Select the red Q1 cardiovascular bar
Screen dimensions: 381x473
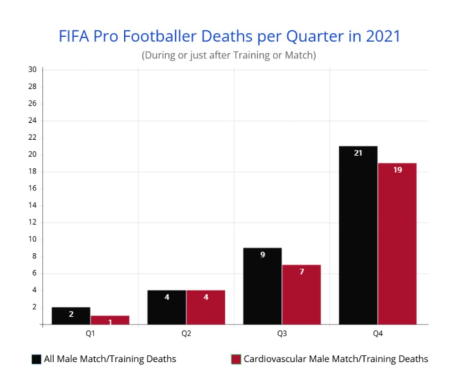[x=110, y=320]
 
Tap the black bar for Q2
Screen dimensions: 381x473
[x=167, y=307]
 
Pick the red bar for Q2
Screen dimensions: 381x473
[x=205, y=307]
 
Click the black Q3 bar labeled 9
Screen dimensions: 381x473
[x=262, y=286]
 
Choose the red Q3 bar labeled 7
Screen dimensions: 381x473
[x=302, y=295]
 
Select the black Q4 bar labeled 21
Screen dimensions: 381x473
[x=358, y=236]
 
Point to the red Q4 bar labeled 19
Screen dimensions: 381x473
[x=397, y=244]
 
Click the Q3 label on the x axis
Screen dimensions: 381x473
[x=282, y=334]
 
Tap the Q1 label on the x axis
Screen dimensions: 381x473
[x=90, y=334]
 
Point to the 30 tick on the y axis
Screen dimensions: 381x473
[x=33, y=70]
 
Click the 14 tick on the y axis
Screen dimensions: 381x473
[x=33, y=205]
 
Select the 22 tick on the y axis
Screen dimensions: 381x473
[x=33, y=138]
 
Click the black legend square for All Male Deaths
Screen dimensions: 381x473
[x=37, y=359]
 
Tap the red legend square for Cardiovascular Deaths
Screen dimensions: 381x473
[x=236, y=359]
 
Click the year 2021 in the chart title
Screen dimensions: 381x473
[x=383, y=36]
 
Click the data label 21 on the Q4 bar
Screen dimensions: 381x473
[x=358, y=153]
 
